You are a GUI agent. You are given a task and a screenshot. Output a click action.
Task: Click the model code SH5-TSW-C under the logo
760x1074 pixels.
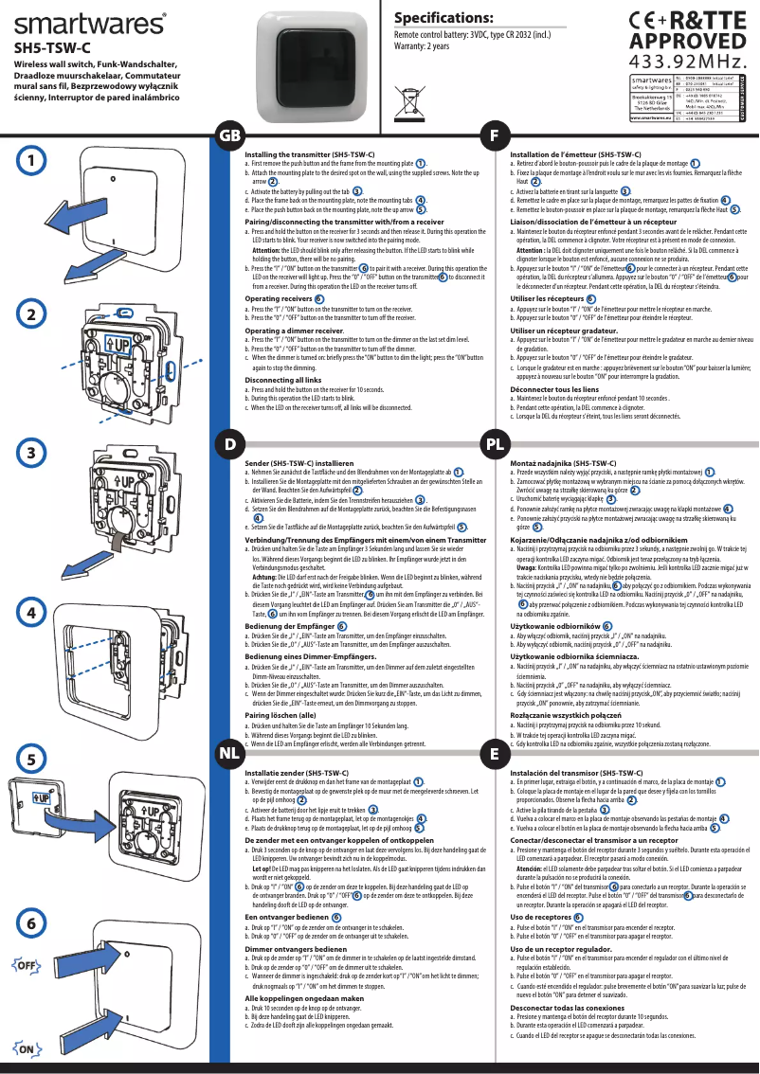(52, 47)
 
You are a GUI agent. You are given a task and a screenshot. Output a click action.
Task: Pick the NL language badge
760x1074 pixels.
(229, 779)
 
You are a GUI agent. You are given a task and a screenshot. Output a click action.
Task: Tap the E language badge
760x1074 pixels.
(495, 779)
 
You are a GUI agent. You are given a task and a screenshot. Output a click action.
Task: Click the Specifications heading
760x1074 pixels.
(443, 18)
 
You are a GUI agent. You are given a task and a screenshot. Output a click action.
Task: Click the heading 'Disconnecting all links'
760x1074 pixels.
(282, 380)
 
